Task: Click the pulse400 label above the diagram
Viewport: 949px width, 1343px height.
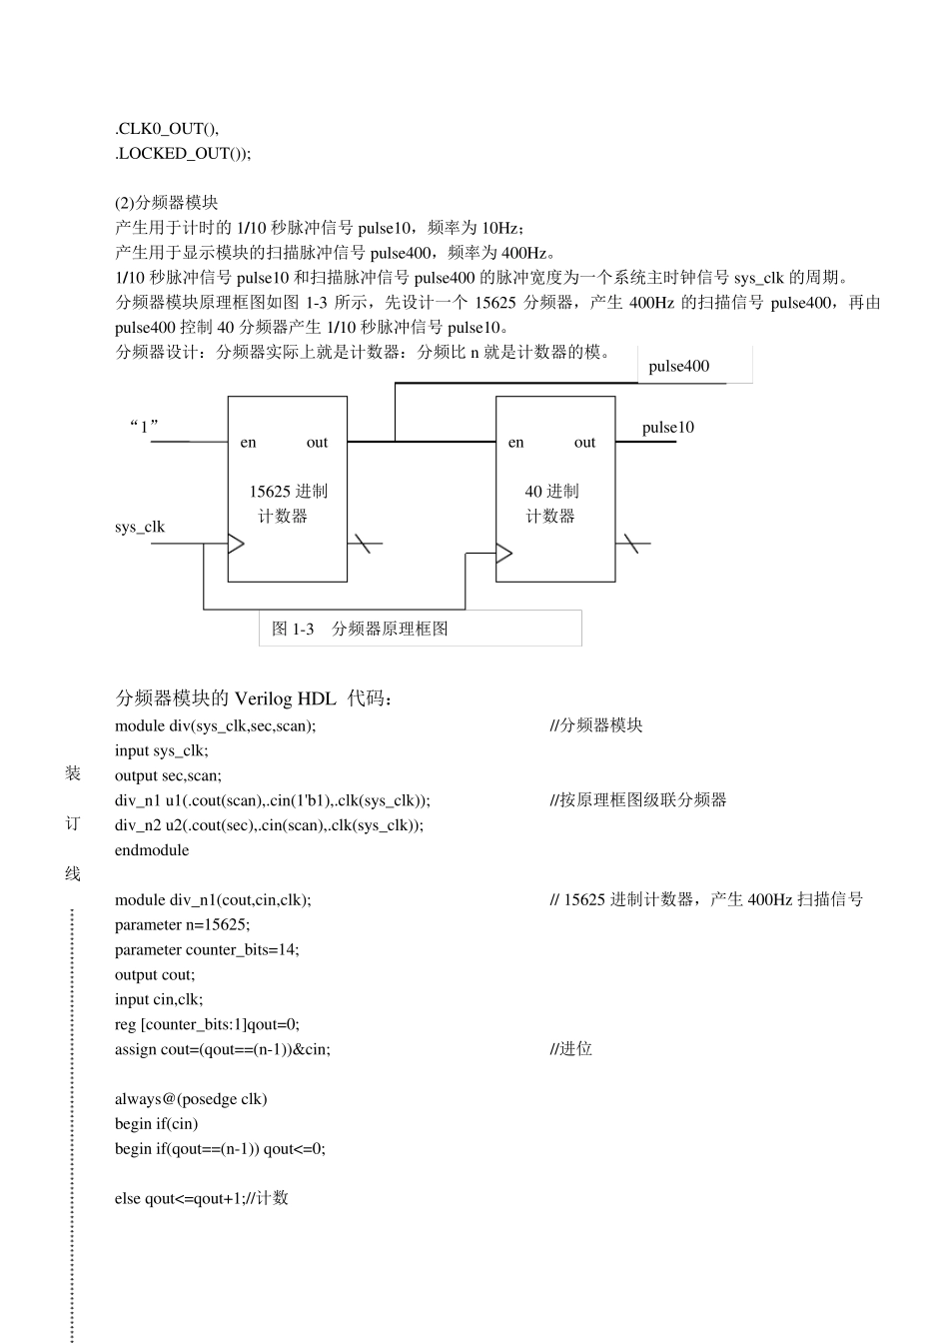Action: tap(678, 366)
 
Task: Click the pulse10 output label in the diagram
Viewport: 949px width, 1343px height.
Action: tap(667, 428)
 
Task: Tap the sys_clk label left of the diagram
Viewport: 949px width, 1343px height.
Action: tap(140, 527)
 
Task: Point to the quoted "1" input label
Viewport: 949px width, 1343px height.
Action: tap(145, 427)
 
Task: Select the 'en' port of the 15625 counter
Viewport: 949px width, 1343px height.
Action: tap(248, 443)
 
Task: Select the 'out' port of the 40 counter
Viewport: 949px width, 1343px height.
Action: tap(584, 443)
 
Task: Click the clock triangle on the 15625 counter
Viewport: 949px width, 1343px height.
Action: tap(236, 544)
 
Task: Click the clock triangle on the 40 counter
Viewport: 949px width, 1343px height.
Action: tap(504, 553)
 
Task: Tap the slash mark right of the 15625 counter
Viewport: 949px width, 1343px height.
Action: tap(363, 544)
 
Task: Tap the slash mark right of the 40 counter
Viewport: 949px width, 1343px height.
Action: tap(630, 544)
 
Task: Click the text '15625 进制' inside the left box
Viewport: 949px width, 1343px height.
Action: tap(288, 492)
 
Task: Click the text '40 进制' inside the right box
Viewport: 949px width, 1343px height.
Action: tap(551, 492)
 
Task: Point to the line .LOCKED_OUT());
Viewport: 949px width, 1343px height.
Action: tap(183, 153)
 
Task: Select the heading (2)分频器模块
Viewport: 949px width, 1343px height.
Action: tap(166, 202)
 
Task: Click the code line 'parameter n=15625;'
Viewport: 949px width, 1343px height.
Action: tap(182, 924)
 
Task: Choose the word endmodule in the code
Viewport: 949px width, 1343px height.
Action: tap(151, 850)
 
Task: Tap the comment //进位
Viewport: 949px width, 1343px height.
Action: tap(571, 1048)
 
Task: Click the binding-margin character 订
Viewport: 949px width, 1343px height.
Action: tap(73, 823)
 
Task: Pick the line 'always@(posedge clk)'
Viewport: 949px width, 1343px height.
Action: tap(191, 1099)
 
